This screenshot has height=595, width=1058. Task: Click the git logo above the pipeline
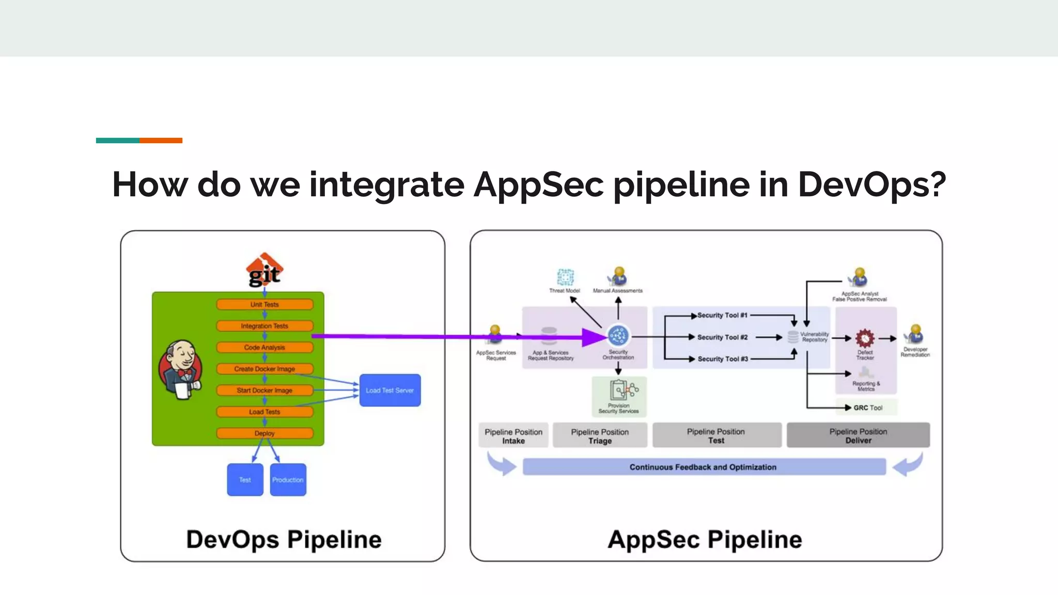click(264, 270)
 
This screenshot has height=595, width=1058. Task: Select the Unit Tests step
click(264, 305)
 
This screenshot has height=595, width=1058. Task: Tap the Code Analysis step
click(264, 348)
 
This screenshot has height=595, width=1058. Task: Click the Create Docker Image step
click(264, 369)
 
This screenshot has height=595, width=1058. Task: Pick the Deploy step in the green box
click(264, 433)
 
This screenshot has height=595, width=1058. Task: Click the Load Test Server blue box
click(390, 390)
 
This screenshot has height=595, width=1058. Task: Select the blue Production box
click(288, 480)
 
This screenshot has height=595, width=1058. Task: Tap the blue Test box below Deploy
click(245, 480)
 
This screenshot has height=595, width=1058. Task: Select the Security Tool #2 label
click(722, 337)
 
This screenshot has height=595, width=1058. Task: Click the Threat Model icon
click(565, 277)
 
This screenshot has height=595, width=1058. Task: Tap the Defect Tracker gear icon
click(865, 339)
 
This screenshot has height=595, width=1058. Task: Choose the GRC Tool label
click(868, 408)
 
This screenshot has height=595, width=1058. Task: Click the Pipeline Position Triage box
click(600, 436)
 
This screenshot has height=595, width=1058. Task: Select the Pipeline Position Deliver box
click(858, 435)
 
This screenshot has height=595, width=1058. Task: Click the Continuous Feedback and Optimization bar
click(704, 467)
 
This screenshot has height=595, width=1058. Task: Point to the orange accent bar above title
click(161, 140)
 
